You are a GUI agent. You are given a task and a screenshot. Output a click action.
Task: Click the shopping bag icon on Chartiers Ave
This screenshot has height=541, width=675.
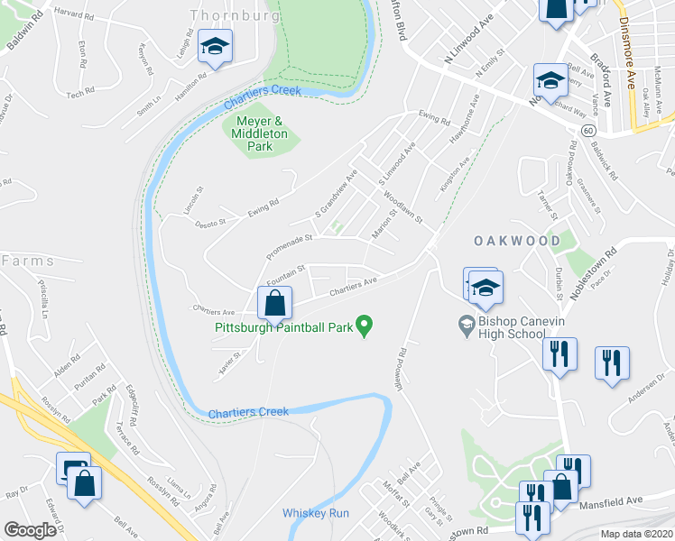tap(275, 303)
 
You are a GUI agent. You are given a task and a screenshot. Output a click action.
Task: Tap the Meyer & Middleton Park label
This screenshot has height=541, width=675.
tap(260, 133)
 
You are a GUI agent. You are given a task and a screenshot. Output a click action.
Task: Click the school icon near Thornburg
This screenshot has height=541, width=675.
tap(215, 46)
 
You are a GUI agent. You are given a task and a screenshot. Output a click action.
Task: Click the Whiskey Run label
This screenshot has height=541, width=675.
tap(315, 513)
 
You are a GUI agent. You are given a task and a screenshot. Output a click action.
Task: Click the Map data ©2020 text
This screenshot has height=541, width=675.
tap(637, 534)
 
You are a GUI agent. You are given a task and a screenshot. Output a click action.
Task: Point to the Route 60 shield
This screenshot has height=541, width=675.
tap(587, 131)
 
